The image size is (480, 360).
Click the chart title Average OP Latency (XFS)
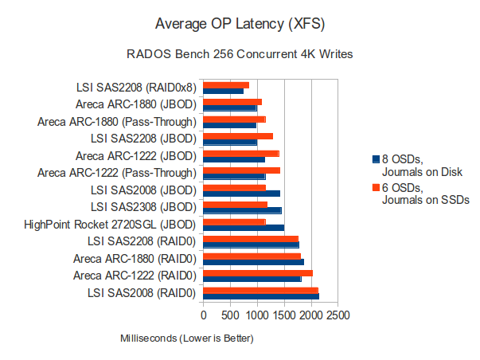click(x=240, y=22)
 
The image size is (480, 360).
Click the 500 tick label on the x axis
click(x=231, y=315)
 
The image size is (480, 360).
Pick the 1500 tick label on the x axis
click(x=284, y=315)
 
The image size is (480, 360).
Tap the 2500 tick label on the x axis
click(x=338, y=315)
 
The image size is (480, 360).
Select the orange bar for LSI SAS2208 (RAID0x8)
click(x=227, y=85)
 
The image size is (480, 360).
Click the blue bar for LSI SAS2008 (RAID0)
click(x=262, y=296)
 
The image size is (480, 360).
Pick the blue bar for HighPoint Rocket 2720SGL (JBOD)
click(x=244, y=228)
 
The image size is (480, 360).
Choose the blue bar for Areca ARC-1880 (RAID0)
click(x=254, y=262)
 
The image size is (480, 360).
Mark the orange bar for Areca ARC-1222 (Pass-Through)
click(x=242, y=170)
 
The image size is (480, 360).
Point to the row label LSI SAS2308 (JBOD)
click(x=143, y=207)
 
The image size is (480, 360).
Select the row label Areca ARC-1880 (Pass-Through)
click(x=117, y=122)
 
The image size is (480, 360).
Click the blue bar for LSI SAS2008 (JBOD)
click(x=242, y=194)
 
